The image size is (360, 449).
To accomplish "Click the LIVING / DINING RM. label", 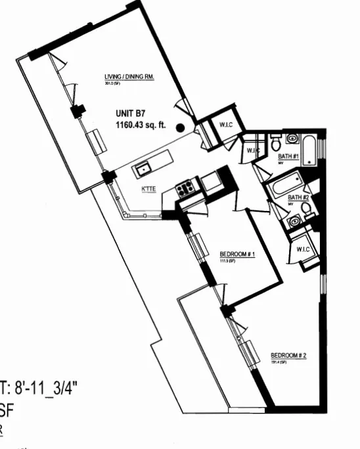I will coord(129,77).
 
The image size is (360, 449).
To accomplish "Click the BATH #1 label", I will coord(288,156).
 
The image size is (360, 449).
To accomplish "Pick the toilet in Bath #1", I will coord(276,142).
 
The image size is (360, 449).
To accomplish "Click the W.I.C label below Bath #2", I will coord(303,249).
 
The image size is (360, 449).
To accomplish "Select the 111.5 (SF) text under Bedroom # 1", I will coord(227,261).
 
